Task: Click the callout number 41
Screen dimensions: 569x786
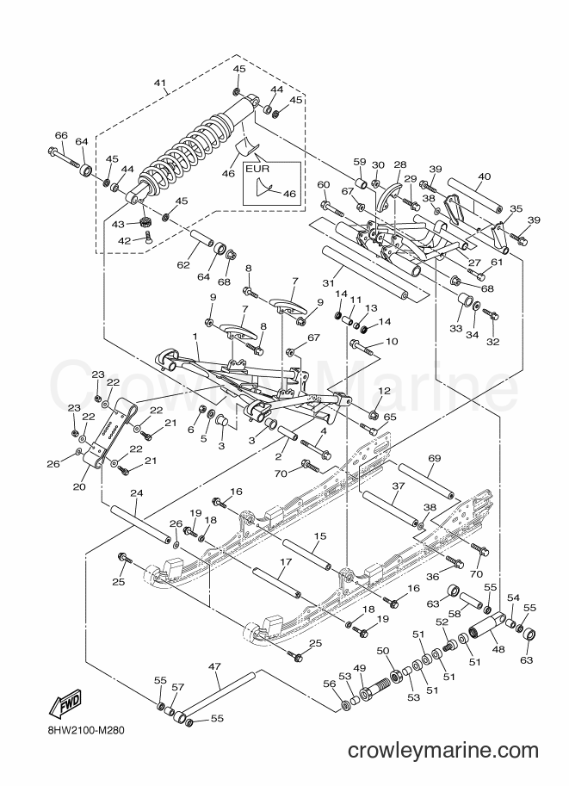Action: [x=160, y=83]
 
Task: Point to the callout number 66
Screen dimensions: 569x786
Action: [x=60, y=135]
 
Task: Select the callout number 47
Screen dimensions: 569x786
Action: [x=214, y=666]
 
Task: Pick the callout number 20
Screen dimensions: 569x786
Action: [x=80, y=486]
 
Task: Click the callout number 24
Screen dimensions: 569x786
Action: [x=137, y=494]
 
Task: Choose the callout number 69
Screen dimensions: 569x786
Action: [x=435, y=458]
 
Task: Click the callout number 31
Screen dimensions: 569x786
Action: [x=328, y=283]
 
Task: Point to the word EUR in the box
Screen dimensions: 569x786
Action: [x=257, y=169]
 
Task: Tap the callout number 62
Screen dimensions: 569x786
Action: [x=183, y=264]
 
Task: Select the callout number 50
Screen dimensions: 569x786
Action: [x=383, y=650]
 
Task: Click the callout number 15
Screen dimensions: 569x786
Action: [x=320, y=536]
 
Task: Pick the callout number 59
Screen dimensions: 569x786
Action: [x=360, y=162]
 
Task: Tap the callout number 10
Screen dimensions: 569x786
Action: [x=392, y=342]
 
